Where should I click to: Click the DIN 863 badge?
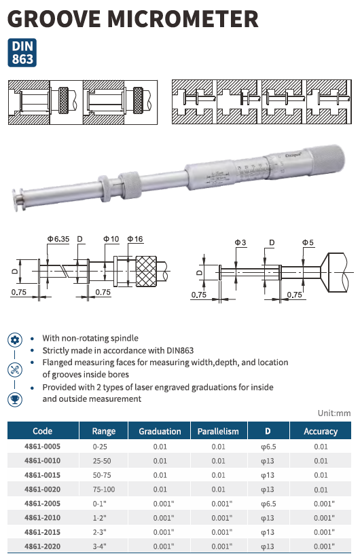pyautogui.click(x=22, y=53)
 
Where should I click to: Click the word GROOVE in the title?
pyautogui.click(x=54, y=19)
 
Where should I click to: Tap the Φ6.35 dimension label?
pyautogui.click(x=58, y=239)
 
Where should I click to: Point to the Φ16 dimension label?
pyautogui.click(x=135, y=239)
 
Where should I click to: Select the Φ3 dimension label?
pyautogui.click(x=240, y=243)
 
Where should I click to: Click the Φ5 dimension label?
pyautogui.click(x=308, y=243)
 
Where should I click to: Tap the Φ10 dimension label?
pyautogui.click(x=111, y=239)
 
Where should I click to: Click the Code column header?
pyautogui.click(x=43, y=431)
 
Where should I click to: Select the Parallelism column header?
pyautogui.click(x=218, y=431)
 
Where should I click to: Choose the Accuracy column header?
pyautogui.click(x=321, y=431)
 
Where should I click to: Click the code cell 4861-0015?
pyautogui.click(x=42, y=475)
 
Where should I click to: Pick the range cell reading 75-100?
pyautogui.click(x=104, y=489)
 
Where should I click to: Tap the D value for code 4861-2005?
pyautogui.click(x=268, y=504)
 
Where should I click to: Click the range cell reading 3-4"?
pyautogui.click(x=99, y=546)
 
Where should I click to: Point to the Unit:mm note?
pyautogui.click(x=334, y=413)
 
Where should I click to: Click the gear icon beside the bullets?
pyautogui.click(x=15, y=340)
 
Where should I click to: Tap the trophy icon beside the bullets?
pyautogui.click(x=15, y=399)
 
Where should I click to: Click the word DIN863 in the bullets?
pyautogui.click(x=180, y=350)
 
